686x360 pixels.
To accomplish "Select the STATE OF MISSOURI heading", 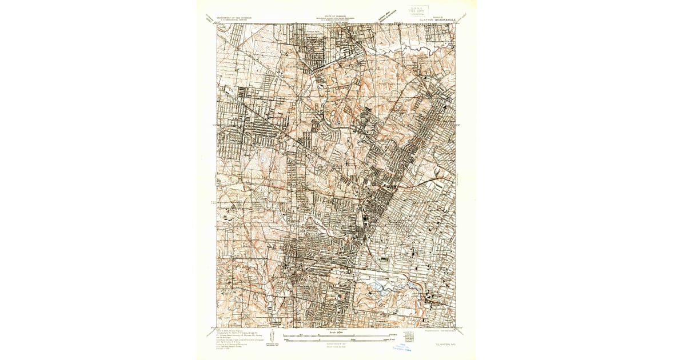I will tap(336, 16).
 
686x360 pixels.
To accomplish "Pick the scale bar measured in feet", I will tap(336, 341).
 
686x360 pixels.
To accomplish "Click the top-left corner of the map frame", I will tap(217, 24).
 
